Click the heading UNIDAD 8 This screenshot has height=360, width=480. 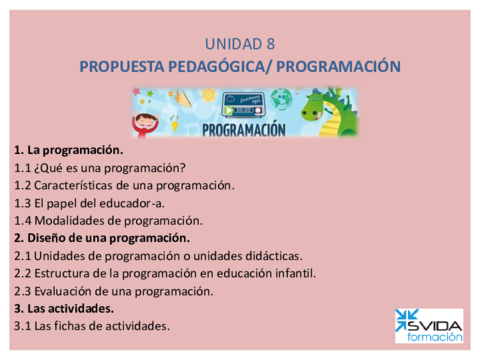[239, 44]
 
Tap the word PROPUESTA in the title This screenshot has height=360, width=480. [120, 66]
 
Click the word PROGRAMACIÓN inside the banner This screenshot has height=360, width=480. [242, 130]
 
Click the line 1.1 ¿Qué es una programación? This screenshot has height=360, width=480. [100, 167]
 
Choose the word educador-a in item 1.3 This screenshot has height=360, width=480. [139, 202]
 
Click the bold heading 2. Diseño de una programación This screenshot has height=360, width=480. [101, 237]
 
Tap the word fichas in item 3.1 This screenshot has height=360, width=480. [81, 326]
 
